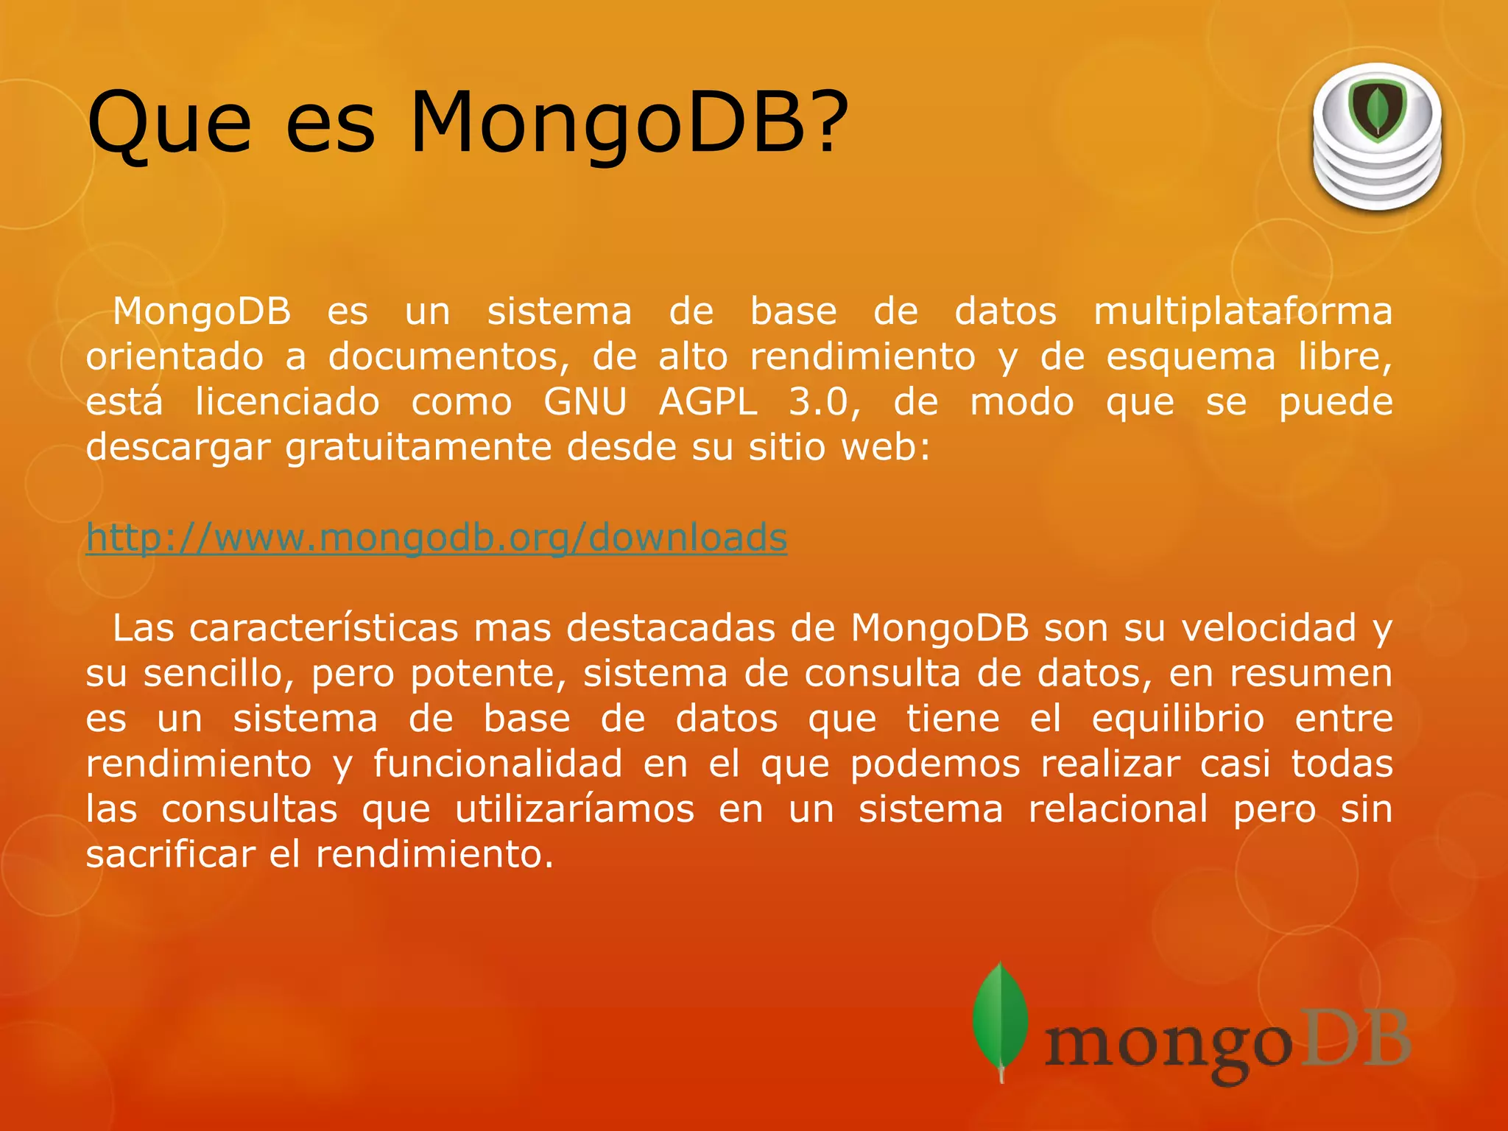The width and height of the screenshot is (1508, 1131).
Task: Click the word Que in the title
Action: pyautogui.click(x=169, y=124)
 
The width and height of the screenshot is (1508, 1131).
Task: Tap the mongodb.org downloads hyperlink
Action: pyautogui.click(x=437, y=538)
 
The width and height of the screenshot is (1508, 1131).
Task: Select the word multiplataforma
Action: pyautogui.click(x=1243, y=311)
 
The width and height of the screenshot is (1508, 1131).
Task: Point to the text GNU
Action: pyautogui.click(x=585, y=402)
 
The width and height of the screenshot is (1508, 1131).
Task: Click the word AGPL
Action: pyautogui.click(x=708, y=402)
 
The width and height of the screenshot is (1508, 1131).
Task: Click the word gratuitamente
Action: pyautogui.click(x=418, y=448)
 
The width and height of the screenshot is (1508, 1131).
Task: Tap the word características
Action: pyautogui.click(x=323, y=628)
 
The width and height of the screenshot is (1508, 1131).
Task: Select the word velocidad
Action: pyautogui.click(x=1269, y=628)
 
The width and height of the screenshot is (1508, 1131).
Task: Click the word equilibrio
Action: pyautogui.click(x=1178, y=719)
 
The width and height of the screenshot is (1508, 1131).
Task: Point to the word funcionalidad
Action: pyautogui.click(x=498, y=764)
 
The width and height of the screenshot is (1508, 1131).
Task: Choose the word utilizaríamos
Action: pyautogui.click(x=574, y=809)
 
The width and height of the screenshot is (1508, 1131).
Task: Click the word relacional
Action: pyautogui.click(x=1118, y=809)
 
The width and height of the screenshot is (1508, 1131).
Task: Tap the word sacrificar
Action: pyautogui.click(x=171, y=854)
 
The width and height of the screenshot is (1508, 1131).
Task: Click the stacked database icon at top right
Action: pyautogui.click(x=1377, y=138)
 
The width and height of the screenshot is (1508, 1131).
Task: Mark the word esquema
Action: pyautogui.click(x=1191, y=357)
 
